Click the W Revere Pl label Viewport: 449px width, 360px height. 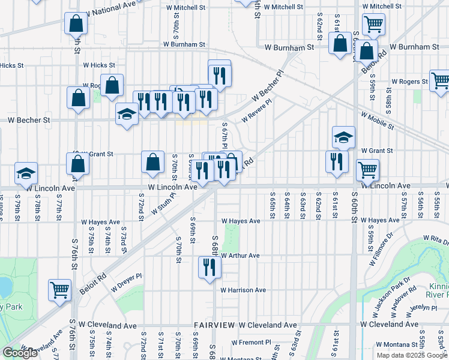pyautogui.click(x=257, y=110)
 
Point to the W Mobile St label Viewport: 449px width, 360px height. pyautogui.click(x=377, y=120)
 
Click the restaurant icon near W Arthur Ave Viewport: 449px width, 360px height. pyautogui.click(x=209, y=266)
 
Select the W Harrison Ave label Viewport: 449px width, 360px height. pyautogui.click(x=243, y=290)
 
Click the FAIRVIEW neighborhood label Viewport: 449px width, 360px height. pyautogui.click(x=214, y=325)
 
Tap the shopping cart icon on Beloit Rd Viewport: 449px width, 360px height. pyautogui.click(x=60, y=290)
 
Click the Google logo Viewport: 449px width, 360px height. pyautogui.click(x=20, y=353)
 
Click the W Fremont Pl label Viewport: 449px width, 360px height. pyautogui.click(x=249, y=342)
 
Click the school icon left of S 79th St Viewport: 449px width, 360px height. pyautogui.click(x=26, y=173)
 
